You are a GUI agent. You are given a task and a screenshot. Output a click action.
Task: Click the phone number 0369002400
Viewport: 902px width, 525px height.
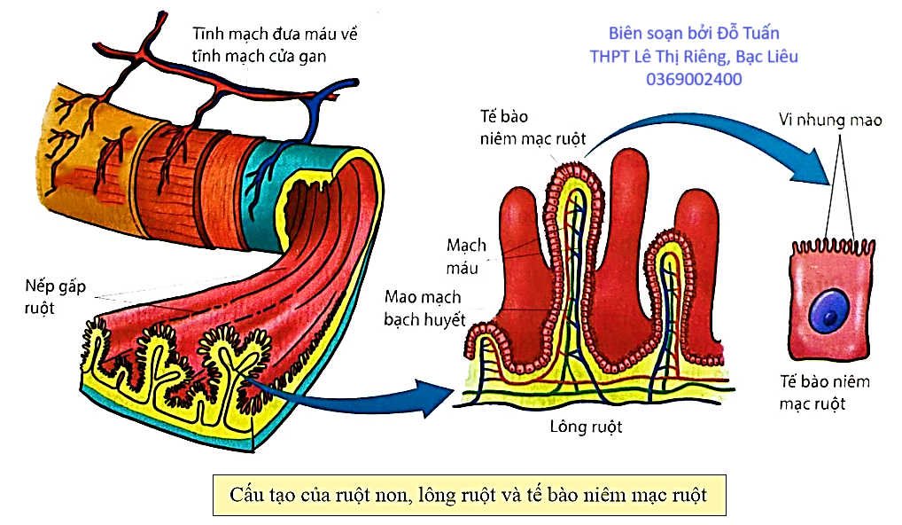(x=694, y=79)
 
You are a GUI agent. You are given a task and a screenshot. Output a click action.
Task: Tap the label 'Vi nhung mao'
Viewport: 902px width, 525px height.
(x=829, y=119)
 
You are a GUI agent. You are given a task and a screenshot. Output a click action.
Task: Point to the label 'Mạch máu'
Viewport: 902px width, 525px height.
(x=467, y=255)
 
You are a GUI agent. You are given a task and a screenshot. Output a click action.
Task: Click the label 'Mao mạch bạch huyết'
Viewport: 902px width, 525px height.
(x=424, y=308)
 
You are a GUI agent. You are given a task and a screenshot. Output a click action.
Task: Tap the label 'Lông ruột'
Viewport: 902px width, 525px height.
(x=586, y=427)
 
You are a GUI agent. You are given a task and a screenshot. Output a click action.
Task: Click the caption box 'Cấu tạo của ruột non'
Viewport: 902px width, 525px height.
(x=469, y=493)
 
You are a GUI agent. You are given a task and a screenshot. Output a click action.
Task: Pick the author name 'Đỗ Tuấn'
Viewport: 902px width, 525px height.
(x=747, y=34)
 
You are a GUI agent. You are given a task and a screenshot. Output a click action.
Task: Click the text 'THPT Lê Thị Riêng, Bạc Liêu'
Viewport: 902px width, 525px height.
(x=694, y=56)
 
